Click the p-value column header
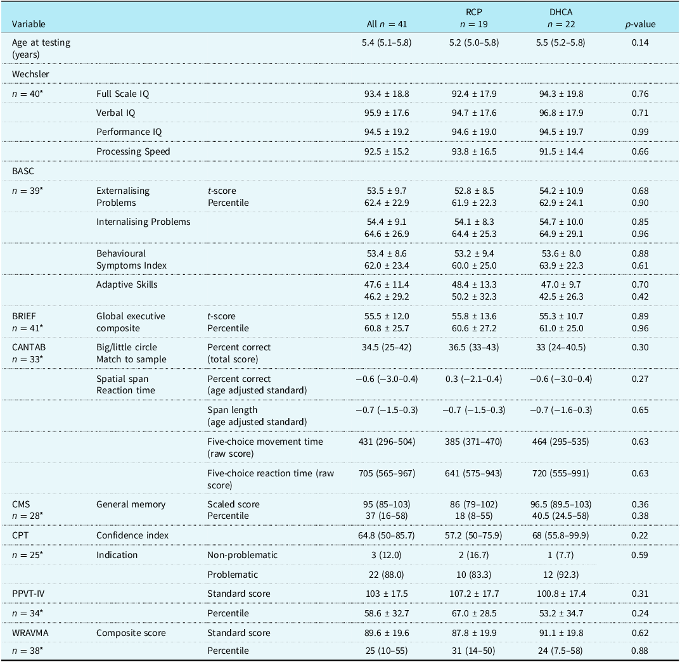click(x=640, y=24)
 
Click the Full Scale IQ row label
click(x=123, y=94)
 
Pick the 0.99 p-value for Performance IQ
click(x=640, y=132)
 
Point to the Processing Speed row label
click(x=133, y=151)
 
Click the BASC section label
click(x=23, y=171)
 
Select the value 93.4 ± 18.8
click(x=387, y=94)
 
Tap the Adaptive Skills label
click(x=127, y=284)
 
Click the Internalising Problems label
click(x=144, y=222)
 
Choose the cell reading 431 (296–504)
click(x=387, y=442)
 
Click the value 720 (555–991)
click(x=561, y=473)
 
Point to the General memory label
click(x=131, y=504)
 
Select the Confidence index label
click(x=132, y=535)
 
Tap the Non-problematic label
click(x=243, y=555)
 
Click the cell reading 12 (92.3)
click(x=561, y=575)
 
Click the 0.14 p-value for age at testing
click(x=640, y=42)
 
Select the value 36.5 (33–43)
click(x=473, y=347)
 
